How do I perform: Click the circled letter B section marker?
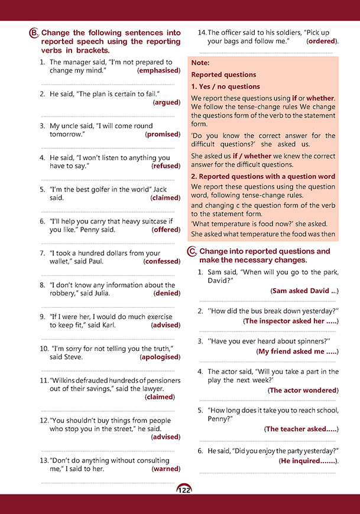tap(34, 34)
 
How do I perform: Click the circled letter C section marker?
tap(192, 252)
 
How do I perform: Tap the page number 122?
tap(184, 490)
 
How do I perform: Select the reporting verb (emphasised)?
tap(158, 70)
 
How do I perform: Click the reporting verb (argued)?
tap(166, 102)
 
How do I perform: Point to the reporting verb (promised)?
tap(162, 134)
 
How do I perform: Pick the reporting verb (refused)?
tap(166, 166)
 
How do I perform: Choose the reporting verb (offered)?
tap(166, 230)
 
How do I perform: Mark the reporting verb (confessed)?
tap(161, 261)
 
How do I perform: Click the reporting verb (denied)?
tap(167, 293)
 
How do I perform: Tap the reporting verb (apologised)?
tap(160, 357)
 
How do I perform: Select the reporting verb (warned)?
tap(166, 469)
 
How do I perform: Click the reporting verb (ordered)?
tap(322, 41)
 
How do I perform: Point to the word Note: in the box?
tap(200, 63)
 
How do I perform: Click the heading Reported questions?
tap(223, 75)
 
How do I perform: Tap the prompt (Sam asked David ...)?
tap(304, 291)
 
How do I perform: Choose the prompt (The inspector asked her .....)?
tap(291, 321)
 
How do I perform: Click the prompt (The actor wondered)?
tap(303, 391)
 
